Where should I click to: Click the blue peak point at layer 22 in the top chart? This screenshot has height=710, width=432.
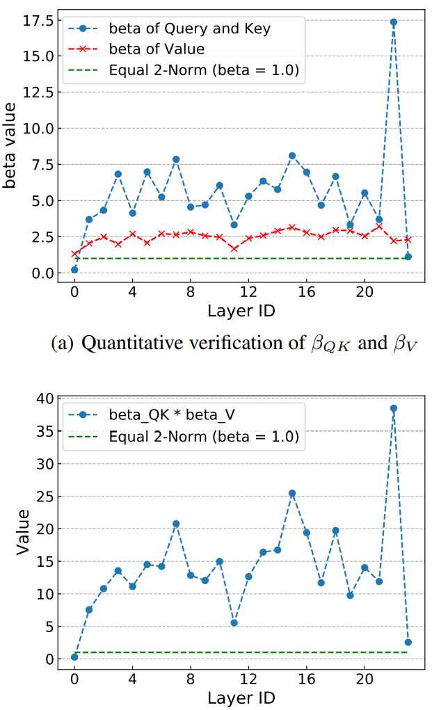point(394,22)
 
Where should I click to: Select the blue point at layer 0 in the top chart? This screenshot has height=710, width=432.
point(74,270)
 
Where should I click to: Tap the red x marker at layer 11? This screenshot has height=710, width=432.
point(234,248)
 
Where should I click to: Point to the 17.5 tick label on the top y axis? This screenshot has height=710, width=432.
point(38,20)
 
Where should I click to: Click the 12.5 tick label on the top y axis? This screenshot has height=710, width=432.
point(38,92)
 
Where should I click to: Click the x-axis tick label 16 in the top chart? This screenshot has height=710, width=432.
point(307,292)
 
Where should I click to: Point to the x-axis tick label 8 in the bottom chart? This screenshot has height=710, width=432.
point(191,679)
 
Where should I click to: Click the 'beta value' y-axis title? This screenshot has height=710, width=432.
point(10,145)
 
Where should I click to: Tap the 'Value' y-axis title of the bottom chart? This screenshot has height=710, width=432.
point(23,532)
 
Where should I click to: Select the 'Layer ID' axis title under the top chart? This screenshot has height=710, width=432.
point(241,311)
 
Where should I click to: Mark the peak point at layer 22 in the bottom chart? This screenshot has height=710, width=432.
point(394,408)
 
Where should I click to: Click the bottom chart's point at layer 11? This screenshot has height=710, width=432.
point(234,623)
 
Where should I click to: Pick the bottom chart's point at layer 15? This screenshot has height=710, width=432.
point(292,494)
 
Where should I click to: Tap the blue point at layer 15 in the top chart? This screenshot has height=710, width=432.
point(292,156)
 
